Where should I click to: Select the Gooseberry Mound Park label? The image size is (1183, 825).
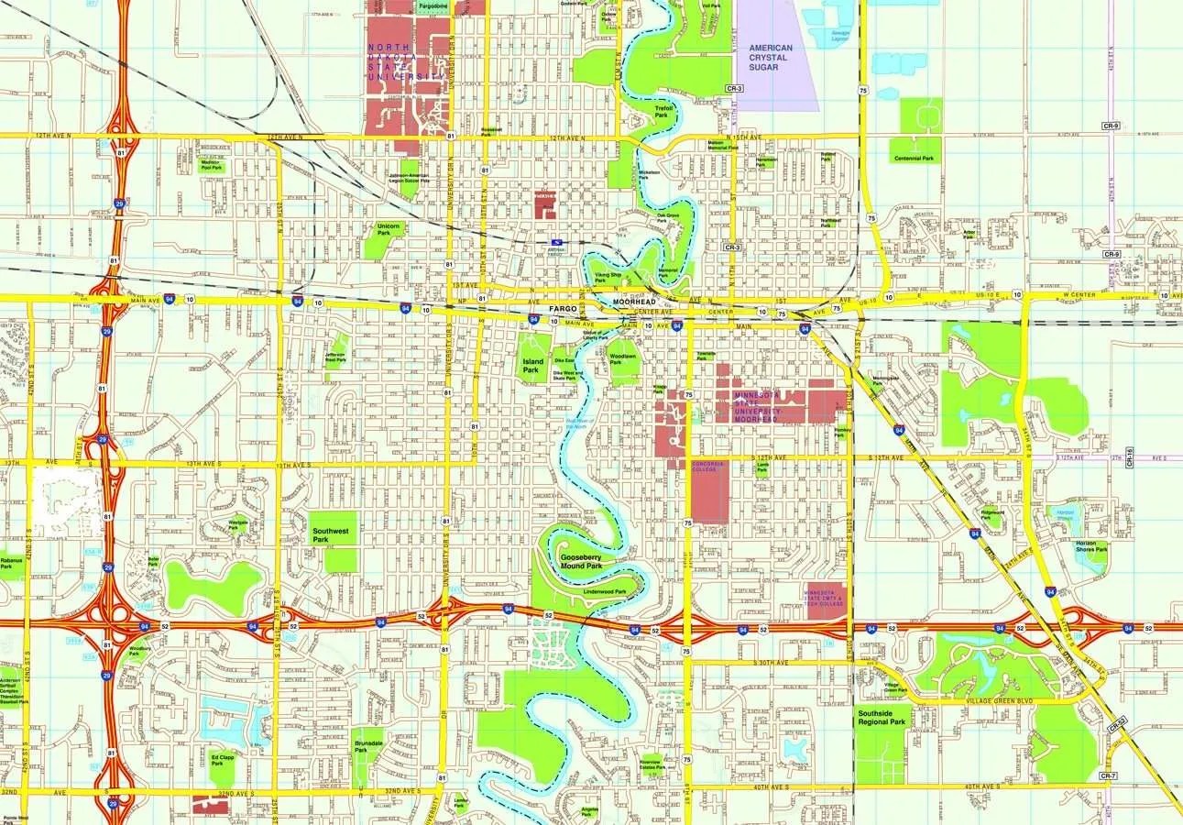click(580, 562)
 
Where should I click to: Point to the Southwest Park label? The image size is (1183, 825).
click(330, 535)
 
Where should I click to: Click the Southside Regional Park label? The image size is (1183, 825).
click(881, 717)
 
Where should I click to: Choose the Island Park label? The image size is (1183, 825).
click(532, 367)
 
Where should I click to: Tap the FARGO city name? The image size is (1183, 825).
click(563, 309)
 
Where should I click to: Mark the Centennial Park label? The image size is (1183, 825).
click(915, 159)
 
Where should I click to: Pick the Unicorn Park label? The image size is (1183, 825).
click(389, 228)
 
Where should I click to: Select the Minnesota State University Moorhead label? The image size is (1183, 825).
click(759, 405)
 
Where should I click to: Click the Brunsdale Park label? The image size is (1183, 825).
click(367, 744)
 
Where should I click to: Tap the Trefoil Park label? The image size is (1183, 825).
click(663, 111)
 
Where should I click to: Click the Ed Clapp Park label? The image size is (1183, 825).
click(223, 760)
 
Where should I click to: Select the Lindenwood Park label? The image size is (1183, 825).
click(604, 592)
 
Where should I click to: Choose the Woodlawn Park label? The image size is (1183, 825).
click(623, 359)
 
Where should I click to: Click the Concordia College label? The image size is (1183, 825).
click(707, 466)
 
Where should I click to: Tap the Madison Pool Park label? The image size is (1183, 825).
click(211, 166)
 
